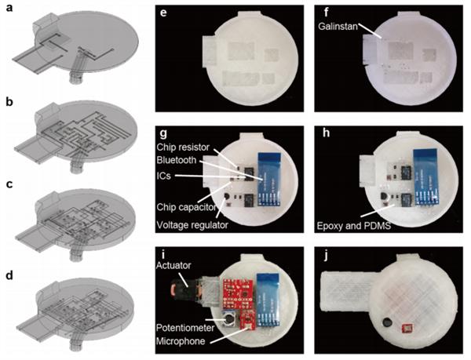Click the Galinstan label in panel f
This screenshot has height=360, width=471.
(338, 27)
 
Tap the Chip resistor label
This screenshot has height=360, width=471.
(183, 147)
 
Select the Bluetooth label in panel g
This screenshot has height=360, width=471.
(177, 160)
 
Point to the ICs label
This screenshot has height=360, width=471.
(164, 175)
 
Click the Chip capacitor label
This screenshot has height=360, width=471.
(186, 207)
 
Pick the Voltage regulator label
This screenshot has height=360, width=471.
(192, 224)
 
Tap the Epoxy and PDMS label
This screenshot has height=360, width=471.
(354, 225)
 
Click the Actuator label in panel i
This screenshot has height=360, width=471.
(173, 265)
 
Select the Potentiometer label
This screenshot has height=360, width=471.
(185, 328)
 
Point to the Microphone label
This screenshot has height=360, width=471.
(181, 341)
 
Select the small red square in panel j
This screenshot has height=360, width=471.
(407, 329)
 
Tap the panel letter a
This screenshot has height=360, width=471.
(9, 8)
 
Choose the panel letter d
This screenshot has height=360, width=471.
(9, 275)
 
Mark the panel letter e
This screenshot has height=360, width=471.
(163, 14)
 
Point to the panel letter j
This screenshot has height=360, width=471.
(326, 257)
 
